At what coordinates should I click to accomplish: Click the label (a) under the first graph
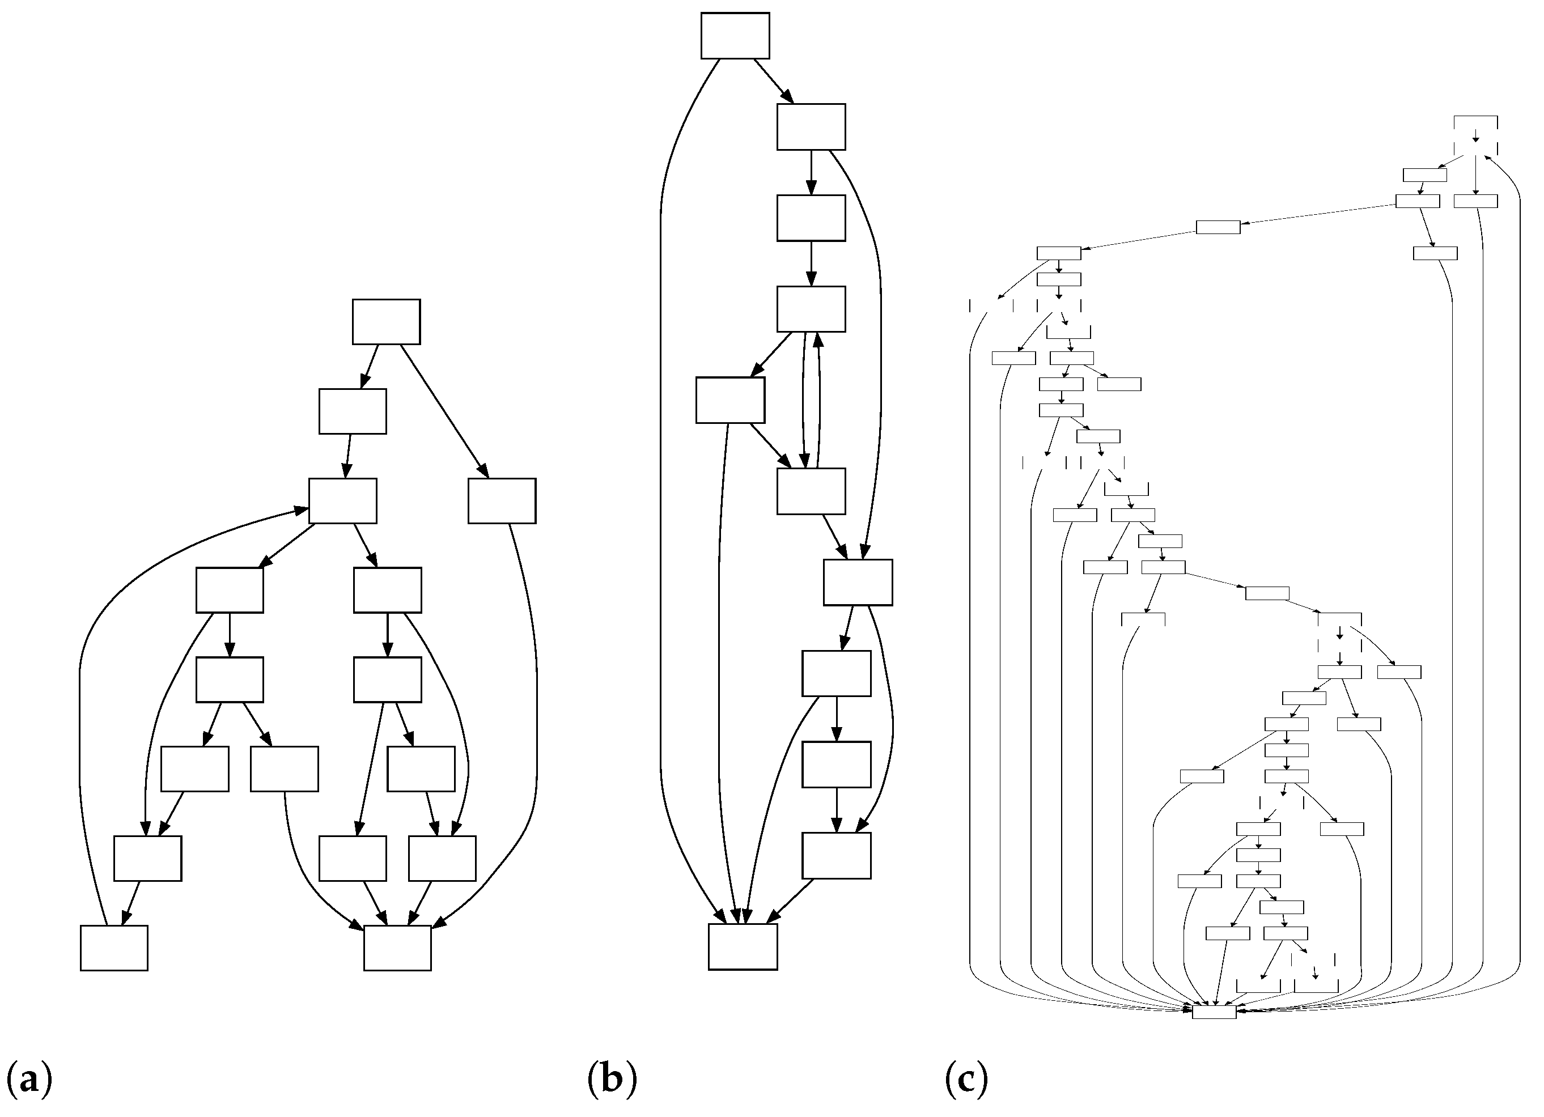(x=28, y=1080)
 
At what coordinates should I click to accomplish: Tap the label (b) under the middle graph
(x=612, y=1080)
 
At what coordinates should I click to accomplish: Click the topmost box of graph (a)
(x=386, y=322)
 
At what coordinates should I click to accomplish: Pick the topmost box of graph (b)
(x=735, y=35)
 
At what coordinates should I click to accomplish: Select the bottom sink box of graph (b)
(x=743, y=946)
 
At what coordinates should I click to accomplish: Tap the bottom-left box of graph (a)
(x=114, y=948)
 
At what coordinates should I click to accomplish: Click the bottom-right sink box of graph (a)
(x=397, y=948)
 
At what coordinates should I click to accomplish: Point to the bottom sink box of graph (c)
(x=1214, y=1012)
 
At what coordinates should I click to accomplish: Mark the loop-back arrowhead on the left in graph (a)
(x=300, y=509)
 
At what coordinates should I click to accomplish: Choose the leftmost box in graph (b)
(x=730, y=400)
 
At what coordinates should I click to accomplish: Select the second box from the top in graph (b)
(x=811, y=126)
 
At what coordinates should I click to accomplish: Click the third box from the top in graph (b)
(x=811, y=218)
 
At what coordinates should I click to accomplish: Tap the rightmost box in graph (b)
(x=858, y=582)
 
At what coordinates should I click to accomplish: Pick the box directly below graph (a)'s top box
(x=353, y=411)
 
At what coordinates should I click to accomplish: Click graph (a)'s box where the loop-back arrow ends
(x=342, y=501)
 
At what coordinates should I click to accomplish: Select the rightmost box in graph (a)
(x=502, y=501)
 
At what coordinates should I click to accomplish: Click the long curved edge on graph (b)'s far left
(x=660, y=477)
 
